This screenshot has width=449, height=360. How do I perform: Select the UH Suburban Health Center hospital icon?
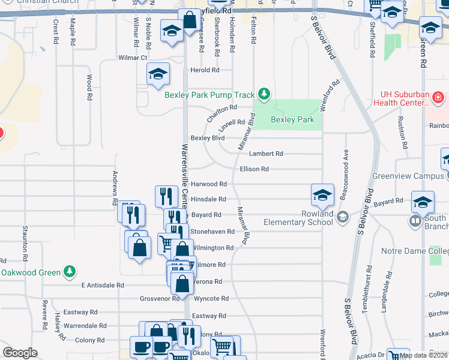click(438, 97)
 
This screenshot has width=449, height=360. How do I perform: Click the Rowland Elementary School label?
click(298, 218)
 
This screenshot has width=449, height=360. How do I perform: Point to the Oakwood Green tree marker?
click(70, 272)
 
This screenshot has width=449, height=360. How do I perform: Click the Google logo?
click(20, 353)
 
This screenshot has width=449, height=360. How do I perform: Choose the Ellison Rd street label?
click(254, 169)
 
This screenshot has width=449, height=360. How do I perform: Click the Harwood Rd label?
click(208, 184)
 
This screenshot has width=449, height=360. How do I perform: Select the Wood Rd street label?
click(89, 88)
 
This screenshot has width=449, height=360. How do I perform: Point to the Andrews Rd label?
click(115, 188)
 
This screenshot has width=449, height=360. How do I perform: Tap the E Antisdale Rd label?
click(103, 286)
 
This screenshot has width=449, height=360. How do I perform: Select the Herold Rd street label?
click(205, 70)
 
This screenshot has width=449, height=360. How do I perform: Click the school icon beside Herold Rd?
click(158, 74)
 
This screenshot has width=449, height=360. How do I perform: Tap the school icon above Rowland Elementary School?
click(322, 195)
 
